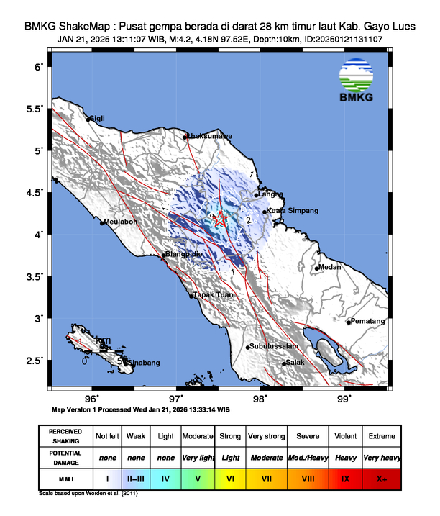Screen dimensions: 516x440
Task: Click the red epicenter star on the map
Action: [222, 220]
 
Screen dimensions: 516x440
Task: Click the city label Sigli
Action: [97, 119]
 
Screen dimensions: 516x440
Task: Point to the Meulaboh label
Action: [120, 222]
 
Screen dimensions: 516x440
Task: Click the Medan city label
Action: [330, 267]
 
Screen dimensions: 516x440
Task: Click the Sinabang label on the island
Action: [144, 363]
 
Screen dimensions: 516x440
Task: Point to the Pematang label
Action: [368, 322]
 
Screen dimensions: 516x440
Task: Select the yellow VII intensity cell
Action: [266, 476]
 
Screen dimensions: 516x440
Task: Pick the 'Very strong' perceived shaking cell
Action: [266, 436]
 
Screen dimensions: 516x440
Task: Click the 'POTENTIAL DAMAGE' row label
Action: [65, 457]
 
